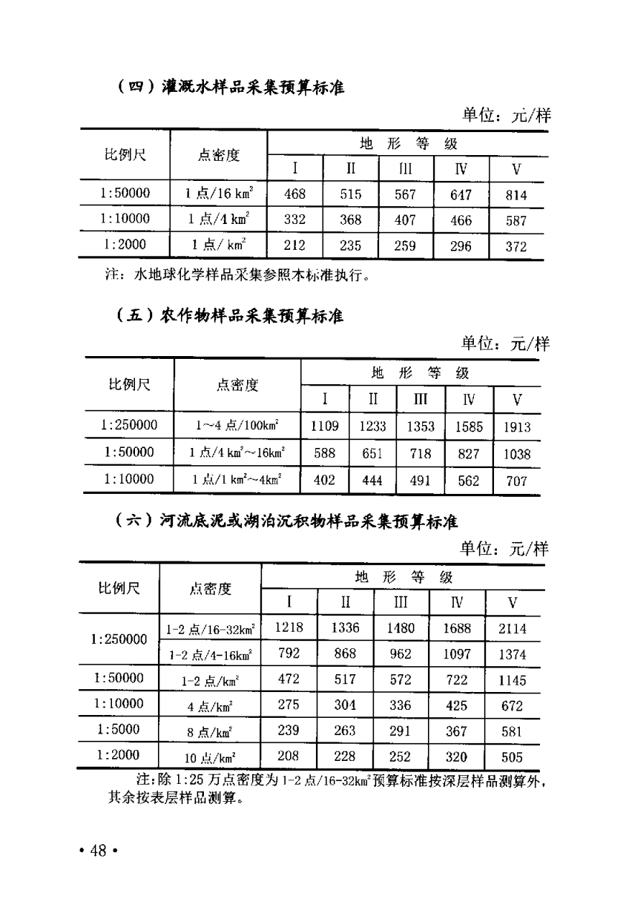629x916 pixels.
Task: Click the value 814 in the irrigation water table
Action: click(x=516, y=195)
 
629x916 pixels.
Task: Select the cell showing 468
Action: click(x=294, y=194)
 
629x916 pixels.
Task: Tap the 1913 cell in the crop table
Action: click(x=517, y=427)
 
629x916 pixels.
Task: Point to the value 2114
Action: click(x=513, y=629)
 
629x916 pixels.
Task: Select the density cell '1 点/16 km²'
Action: click(x=219, y=194)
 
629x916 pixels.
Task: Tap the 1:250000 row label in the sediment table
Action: click(x=119, y=639)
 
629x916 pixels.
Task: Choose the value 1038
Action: click(x=517, y=454)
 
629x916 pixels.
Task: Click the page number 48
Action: click(x=98, y=851)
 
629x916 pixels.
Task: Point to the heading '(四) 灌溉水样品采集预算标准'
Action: click(x=230, y=88)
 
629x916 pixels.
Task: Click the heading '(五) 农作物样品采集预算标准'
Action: click(x=230, y=316)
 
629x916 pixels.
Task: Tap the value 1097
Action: click(x=457, y=654)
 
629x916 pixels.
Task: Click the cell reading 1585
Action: click(x=469, y=427)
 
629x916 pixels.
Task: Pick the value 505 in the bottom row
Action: click(x=513, y=757)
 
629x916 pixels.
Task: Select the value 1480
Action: click(x=401, y=628)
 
